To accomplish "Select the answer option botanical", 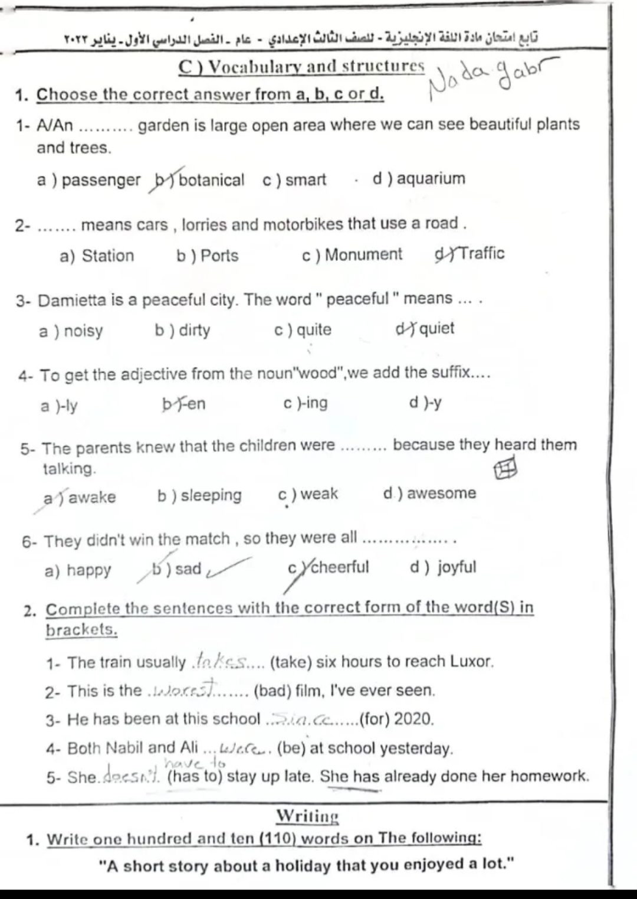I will (x=211, y=180).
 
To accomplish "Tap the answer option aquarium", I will (x=431, y=178).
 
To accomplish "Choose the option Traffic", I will (x=481, y=254).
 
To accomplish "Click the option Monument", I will (x=363, y=255).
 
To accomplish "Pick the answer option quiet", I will (x=436, y=328).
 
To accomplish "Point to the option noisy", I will (x=83, y=331).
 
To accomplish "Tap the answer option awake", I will (x=92, y=498).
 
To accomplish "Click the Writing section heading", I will (x=307, y=816).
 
